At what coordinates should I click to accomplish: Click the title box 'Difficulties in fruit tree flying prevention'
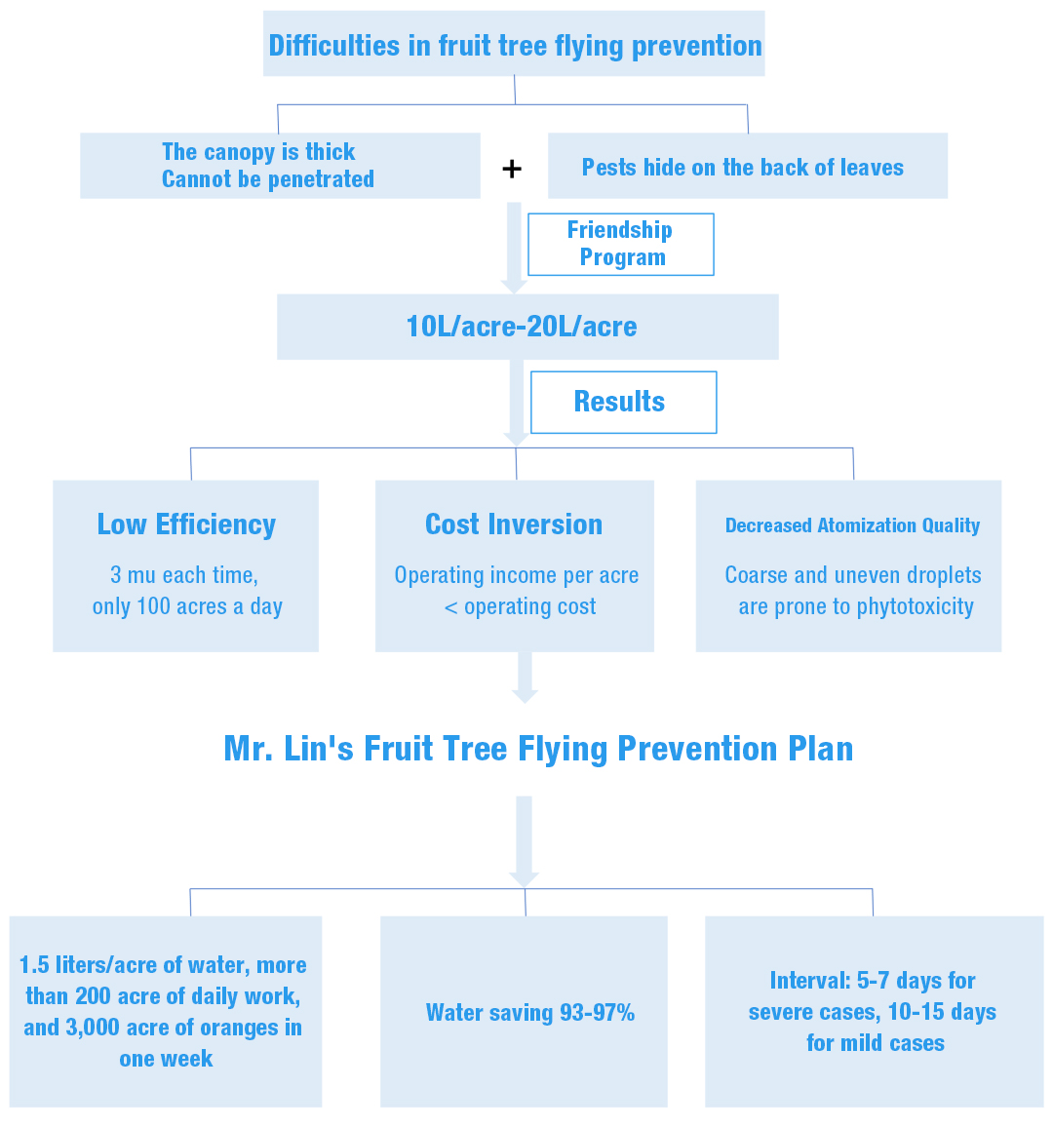(x=514, y=44)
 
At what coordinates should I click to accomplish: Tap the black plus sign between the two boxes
(x=512, y=169)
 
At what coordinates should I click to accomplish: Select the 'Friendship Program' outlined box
(x=621, y=245)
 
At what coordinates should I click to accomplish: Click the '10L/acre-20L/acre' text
(x=522, y=327)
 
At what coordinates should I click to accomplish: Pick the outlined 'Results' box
(x=624, y=403)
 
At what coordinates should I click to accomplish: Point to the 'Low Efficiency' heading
(x=186, y=525)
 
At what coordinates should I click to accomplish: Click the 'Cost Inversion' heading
(x=514, y=525)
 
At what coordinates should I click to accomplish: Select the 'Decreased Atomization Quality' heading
(x=852, y=525)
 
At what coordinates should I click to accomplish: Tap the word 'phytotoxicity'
(x=915, y=606)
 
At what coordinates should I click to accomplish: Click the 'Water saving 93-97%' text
(x=530, y=1013)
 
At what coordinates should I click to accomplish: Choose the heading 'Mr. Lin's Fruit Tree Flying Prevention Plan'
(x=538, y=749)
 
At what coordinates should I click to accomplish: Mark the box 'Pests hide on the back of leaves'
(x=748, y=166)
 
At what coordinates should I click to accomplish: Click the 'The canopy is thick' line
(x=258, y=152)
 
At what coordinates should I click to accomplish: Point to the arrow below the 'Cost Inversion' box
(x=525, y=677)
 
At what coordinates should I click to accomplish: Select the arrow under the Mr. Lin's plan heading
(x=524, y=841)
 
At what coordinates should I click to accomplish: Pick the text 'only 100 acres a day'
(x=187, y=606)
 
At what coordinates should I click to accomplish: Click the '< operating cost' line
(x=520, y=606)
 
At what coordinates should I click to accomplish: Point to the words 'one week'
(x=166, y=1059)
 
